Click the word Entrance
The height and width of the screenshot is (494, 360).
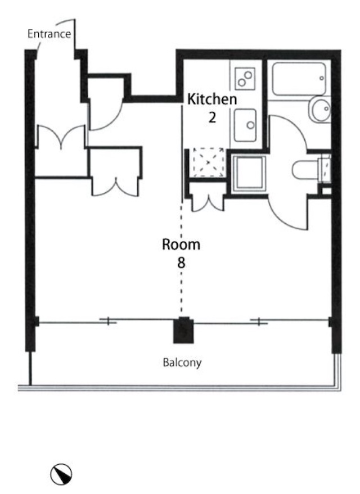(49, 34)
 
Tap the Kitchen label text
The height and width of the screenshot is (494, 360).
(212, 99)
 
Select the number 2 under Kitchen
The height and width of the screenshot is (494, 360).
(212, 117)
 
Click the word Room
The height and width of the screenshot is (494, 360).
(181, 244)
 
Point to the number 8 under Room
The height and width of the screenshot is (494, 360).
(181, 262)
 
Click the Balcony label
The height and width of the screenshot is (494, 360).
(182, 362)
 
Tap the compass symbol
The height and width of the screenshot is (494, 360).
(61, 474)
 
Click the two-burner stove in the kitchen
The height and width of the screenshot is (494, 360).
(245, 79)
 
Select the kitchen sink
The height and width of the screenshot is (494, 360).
(245, 125)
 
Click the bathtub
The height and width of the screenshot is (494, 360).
(299, 79)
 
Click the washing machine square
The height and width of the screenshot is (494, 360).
(249, 174)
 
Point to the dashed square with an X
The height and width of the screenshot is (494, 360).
(208, 162)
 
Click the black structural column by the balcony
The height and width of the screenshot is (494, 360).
(183, 330)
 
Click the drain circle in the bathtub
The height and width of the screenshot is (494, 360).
(322, 78)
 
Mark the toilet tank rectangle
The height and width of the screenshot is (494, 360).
(325, 170)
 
